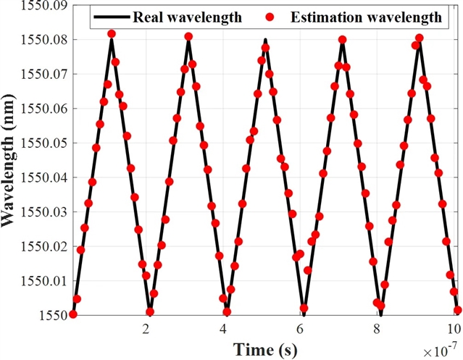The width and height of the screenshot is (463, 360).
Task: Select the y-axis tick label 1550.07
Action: click(43, 74)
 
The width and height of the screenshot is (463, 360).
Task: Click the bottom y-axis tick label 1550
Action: click(55, 315)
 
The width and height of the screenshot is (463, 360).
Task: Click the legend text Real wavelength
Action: click(188, 17)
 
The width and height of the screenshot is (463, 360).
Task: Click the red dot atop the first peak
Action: click(112, 34)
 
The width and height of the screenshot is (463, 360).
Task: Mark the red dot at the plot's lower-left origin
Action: click(72, 314)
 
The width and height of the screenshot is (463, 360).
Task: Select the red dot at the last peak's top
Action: click(420, 38)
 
